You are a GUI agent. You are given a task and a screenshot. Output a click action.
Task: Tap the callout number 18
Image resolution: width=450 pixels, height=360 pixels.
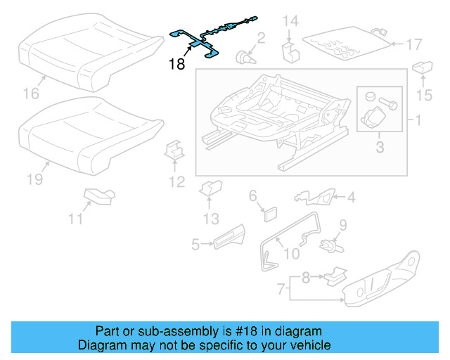pyautogui.click(x=177, y=65)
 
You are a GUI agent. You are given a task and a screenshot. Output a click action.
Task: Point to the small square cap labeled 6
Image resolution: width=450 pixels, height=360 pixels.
pyautogui.click(x=270, y=212)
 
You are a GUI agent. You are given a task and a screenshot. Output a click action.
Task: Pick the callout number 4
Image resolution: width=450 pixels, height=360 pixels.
pyautogui.click(x=349, y=198)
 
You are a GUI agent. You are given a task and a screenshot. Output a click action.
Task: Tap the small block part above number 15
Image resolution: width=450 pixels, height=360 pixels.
pyautogui.click(x=422, y=67)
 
